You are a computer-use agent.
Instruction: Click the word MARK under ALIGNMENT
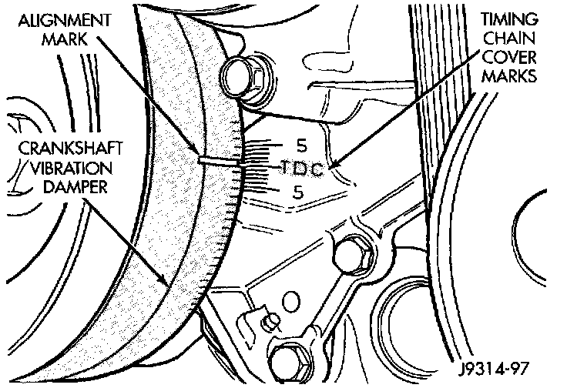point(55,39)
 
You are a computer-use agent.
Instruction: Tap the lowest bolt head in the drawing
point(287,359)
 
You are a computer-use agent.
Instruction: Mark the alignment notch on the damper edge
point(219,161)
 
